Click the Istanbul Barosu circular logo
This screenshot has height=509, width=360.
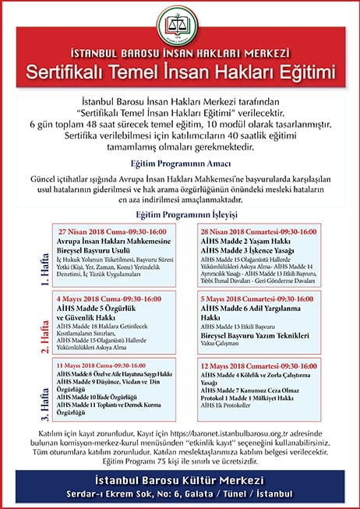[x=180, y=28]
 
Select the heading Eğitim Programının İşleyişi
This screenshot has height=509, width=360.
[x=180, y=214]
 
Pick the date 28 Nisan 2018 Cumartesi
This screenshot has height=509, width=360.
[x=249, y=232]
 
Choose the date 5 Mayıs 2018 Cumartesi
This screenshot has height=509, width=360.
[x=249, y=299]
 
